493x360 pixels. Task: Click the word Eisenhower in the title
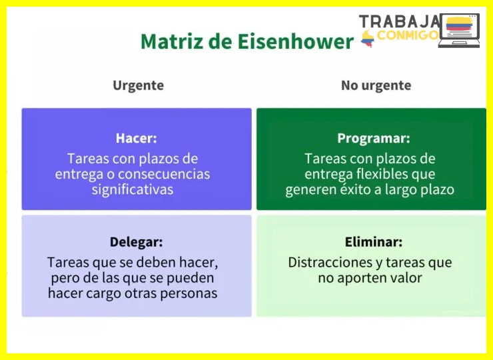[x=296, y=41]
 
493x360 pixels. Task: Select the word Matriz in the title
[x=171, y=41]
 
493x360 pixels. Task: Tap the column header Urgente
[x=139, y=85]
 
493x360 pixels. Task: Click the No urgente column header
[x=376, y=85]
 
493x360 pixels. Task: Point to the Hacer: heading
[x=136, y=138]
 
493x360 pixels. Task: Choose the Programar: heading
[x=374, y=138]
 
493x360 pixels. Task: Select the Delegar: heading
[x=136, y=242]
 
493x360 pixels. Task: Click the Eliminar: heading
[x=374, y=242]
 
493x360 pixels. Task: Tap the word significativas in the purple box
[x=133, y=190]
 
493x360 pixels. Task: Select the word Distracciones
[x=330, y=262]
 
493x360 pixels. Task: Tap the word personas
[x=189, y=293]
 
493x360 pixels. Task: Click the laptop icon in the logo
[x=459, y=31]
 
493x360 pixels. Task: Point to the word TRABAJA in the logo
[x=399, y=21]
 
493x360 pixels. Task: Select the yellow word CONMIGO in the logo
[x=408, y=35]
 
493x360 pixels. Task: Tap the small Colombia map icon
[x=368, y=39]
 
